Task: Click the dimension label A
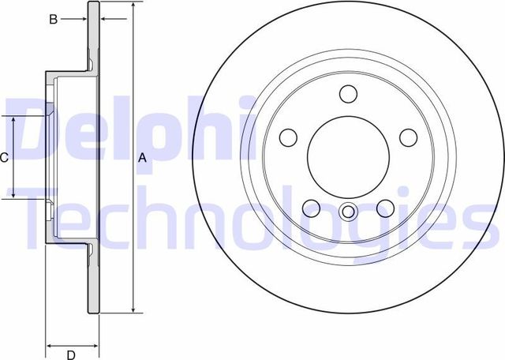143,157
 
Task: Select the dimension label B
54,19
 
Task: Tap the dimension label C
4,157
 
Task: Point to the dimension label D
71,354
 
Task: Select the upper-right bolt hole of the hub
408,137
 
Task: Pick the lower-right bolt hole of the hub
385,208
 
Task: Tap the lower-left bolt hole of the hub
311,208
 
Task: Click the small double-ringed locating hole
348,212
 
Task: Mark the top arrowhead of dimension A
133,7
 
